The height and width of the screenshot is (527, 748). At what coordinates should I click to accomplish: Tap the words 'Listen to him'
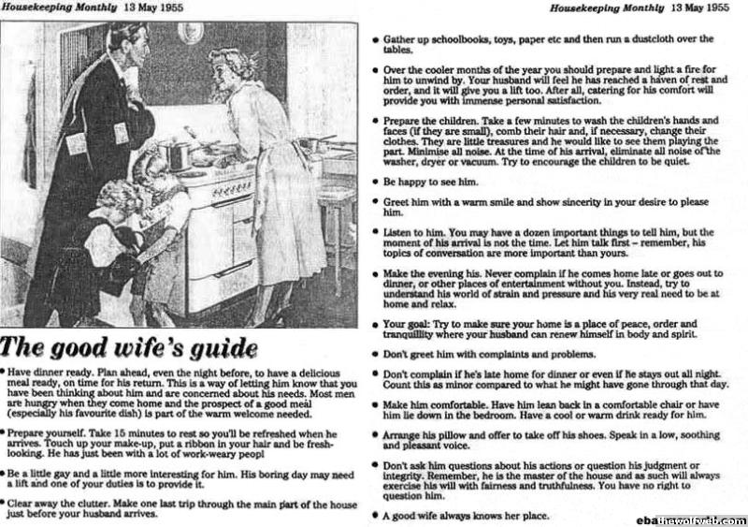click(x=422, y=230)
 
